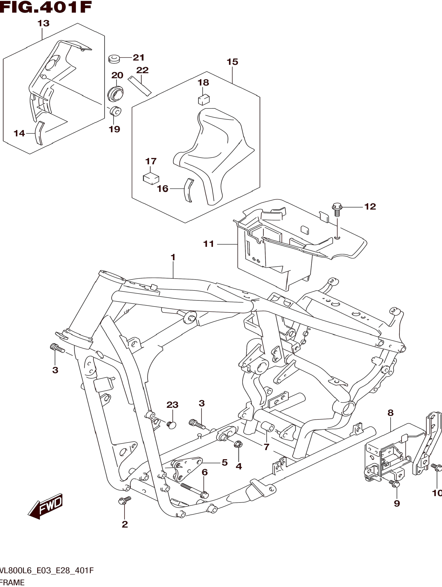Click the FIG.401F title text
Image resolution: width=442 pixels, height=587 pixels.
[46, 7]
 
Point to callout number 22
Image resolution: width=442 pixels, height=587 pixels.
[142, 70]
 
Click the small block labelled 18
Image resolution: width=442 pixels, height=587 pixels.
[204, 100]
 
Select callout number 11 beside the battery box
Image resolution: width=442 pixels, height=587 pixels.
[209, 244]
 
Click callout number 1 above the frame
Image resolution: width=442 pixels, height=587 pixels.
[173, 257]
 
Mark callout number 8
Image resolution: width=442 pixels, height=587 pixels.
[390, 413]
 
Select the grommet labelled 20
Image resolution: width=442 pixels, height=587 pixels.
[115, 93]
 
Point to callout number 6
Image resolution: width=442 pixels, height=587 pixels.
[204, 472]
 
